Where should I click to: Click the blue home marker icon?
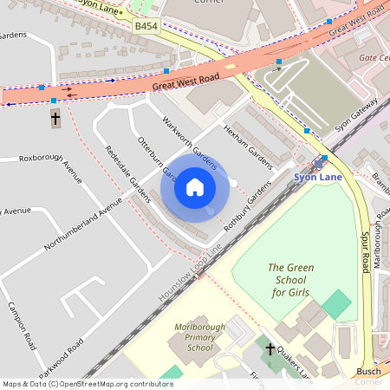tap(195, 186)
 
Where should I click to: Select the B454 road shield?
tap(146, 28)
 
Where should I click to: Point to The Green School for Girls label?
tap(290, 280)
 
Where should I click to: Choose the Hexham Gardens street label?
tap(249, 145)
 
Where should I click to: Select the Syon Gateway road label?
tap(356, 114)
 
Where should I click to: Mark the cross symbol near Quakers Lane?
tap(270, 350)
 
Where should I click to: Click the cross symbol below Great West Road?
tap(55, 118)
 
